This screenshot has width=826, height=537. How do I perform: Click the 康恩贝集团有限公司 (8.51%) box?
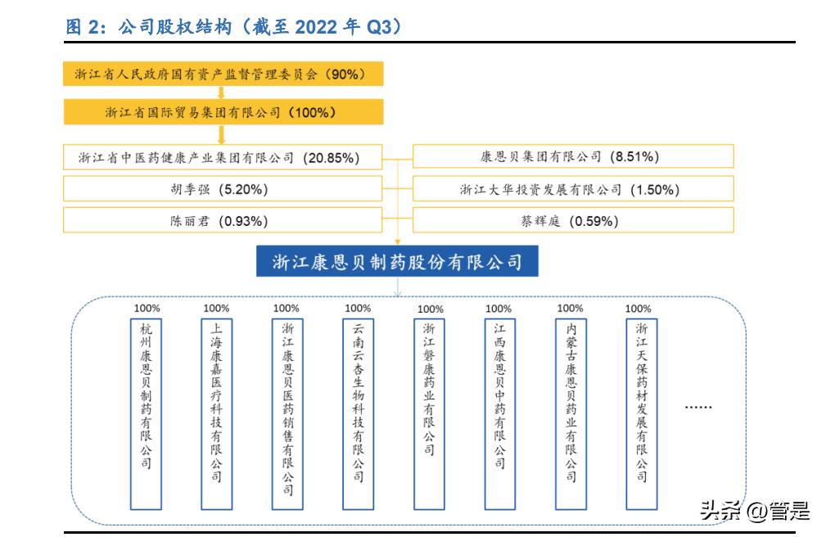coord(573,156)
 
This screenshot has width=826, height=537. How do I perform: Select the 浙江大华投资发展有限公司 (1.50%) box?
coord(573,190)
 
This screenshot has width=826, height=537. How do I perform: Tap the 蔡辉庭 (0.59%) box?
coord(573,220)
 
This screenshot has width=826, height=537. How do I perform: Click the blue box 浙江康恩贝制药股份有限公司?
coord(397,262)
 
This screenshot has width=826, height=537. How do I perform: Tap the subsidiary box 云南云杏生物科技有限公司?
coord(358,402)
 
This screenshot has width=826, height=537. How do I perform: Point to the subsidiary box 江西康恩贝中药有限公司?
coord(499,397)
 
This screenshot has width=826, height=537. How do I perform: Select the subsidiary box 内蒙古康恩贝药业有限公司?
coord(571,402)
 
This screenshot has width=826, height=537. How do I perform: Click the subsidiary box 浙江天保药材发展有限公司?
coord(641,402)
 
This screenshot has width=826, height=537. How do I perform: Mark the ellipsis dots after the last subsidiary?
coord(698,407)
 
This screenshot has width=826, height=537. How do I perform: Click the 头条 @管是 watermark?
coord(755,511)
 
